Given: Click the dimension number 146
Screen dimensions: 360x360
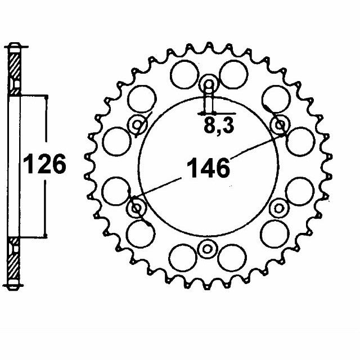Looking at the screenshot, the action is [x=208, y=168].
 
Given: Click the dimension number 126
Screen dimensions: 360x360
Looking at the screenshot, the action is [x=44, y=164].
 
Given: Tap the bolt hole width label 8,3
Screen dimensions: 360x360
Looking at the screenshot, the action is [x=219, y=126].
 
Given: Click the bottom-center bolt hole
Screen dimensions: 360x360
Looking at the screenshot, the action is [x=207, y=249].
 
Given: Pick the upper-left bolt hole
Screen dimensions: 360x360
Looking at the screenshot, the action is [x=137, y=125].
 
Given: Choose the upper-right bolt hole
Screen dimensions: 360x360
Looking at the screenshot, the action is [x=280, y=125].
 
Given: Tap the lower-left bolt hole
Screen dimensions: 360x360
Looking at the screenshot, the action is [x=136, y=208].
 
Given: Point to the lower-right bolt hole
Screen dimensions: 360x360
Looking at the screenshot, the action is [x=279, y=209].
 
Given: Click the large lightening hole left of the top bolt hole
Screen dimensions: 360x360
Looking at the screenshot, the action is [x=184, y=74].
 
